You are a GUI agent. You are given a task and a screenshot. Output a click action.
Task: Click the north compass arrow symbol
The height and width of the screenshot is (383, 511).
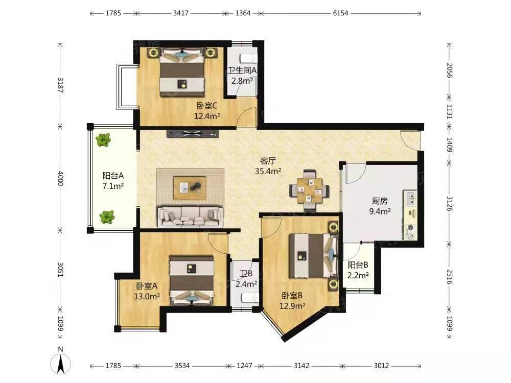pos(60,364)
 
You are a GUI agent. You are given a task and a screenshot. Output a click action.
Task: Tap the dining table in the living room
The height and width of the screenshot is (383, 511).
pos(309,190)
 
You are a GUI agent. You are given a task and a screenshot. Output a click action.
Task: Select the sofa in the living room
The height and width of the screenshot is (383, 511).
pos(190,216)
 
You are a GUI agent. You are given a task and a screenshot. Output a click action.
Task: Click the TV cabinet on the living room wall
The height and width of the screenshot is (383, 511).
pos(192,133)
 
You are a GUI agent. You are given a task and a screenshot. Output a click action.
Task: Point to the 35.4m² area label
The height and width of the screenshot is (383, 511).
pos(268,171)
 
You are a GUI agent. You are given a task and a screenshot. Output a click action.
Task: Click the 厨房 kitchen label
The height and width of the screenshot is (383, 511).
pos(380,201)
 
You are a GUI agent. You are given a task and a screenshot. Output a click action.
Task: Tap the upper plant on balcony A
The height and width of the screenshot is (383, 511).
pos(103,140)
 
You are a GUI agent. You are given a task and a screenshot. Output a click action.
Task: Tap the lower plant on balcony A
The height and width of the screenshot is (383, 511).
pos(107,217)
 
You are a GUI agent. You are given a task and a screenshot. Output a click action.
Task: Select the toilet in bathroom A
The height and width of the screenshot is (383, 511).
pos(248,58)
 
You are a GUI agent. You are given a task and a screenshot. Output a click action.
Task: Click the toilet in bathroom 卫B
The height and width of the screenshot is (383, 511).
pos(250,298)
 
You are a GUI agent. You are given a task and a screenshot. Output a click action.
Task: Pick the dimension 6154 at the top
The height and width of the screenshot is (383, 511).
pos(340,13)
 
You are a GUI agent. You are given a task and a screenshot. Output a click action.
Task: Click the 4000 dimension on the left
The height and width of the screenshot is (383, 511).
pos(60,178)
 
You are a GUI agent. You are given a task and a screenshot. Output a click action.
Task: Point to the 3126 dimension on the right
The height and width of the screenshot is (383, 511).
pos(449,204)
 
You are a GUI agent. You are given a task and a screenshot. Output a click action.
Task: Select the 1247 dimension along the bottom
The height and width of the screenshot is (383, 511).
pos(244,366)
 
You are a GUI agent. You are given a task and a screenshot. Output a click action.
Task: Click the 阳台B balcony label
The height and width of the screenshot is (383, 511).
pos(358,265)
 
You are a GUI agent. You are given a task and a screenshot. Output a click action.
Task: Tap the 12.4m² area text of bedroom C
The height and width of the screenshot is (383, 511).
pos(207,116)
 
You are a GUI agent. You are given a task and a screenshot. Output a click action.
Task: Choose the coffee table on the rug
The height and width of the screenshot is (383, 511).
pos(190,188)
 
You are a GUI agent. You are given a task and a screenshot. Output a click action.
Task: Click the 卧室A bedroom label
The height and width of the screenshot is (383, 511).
pos(147,286)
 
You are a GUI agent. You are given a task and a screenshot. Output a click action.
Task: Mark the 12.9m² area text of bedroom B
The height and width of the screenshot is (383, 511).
pos(292,306)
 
